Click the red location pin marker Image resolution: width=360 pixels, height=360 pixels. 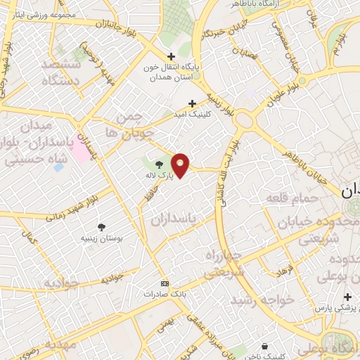point(181,165)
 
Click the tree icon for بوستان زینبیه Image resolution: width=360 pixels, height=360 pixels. point(103,226)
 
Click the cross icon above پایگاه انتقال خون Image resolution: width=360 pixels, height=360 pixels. point(170,56)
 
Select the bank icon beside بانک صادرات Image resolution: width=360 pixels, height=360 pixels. point(165,283)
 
